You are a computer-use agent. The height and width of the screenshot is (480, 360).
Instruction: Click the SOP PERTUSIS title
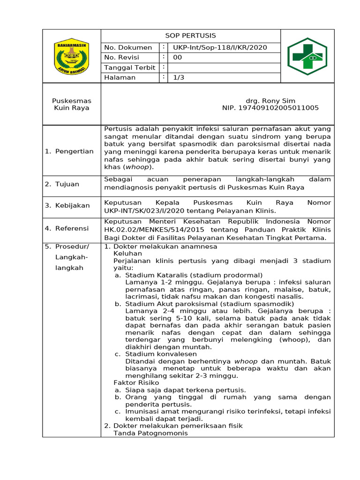click(190, 36)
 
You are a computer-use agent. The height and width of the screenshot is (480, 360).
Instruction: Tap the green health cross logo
click(307, 56)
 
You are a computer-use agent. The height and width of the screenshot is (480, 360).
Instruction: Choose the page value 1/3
click(179, 78)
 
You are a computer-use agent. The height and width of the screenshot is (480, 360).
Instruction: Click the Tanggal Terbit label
click(129, 68)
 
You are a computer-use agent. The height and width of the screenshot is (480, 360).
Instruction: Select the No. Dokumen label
click(127, 47)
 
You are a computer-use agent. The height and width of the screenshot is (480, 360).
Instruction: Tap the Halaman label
click(120, 78)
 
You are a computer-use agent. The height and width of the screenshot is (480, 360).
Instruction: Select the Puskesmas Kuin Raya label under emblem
click(72, 104)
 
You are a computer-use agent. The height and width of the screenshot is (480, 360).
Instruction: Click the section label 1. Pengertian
click(69, 151)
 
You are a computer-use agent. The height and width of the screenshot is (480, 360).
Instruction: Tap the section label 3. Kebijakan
click(67, 205)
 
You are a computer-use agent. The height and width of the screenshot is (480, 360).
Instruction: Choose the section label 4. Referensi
click(67, 228)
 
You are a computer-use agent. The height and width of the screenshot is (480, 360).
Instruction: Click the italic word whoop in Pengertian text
click(133, 167)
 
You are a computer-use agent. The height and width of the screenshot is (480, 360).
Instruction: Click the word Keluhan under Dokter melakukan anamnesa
click(127, 253)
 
